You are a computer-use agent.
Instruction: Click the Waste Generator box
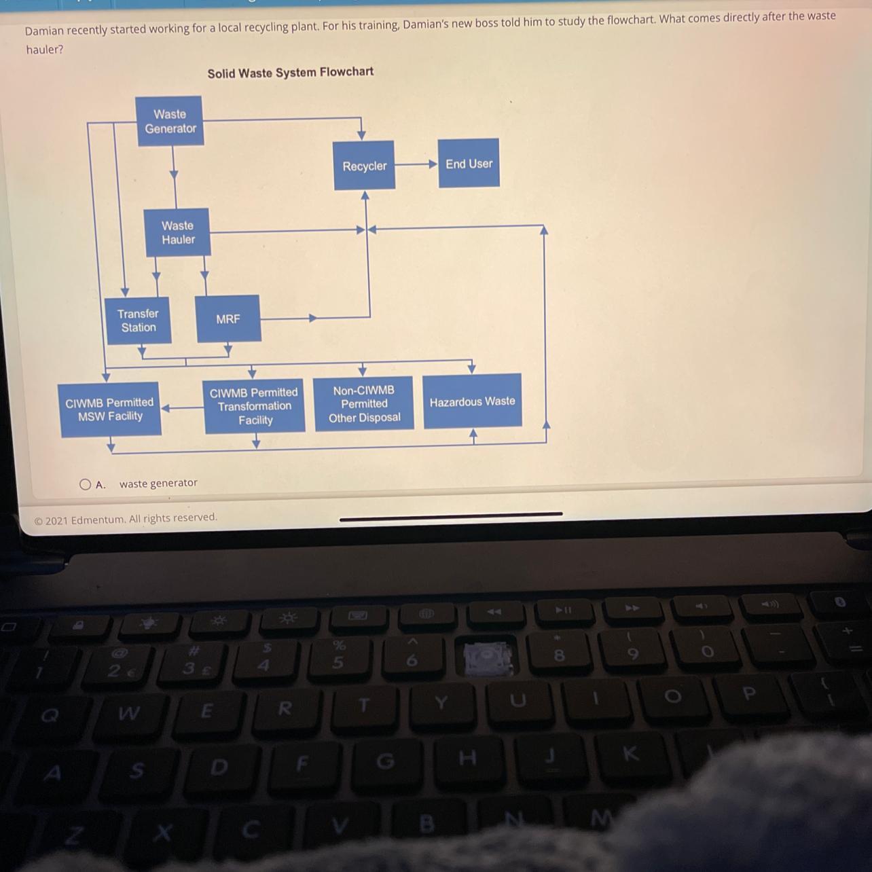(x=170, y=122)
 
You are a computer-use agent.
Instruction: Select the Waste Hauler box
(x=178, y=232)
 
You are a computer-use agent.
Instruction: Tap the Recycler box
(x=364, y=166)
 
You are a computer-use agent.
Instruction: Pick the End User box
(x=469, y=164)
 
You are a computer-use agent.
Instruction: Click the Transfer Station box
(x=138, y=321)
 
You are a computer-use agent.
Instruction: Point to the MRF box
(x=228, y=319)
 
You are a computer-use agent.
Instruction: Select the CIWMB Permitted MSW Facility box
(x=110, y=410)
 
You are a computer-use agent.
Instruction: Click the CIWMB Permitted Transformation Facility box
(x=254, y=406)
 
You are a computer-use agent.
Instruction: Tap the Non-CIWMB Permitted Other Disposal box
(x=364, y=404)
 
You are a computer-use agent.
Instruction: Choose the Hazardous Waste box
(x=472, y=401)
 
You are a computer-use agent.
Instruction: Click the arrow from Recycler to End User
(x=416, y=164)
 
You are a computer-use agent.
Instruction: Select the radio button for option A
(x=85, y=484)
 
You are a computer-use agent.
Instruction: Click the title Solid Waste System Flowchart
(x=290, y=73)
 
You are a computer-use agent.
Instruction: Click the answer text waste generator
(x=158, y=484)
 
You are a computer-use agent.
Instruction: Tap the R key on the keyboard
(x=285, y=709)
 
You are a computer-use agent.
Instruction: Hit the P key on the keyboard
(x=749, y=693)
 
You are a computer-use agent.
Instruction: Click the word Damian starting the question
(x=44, y=31)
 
